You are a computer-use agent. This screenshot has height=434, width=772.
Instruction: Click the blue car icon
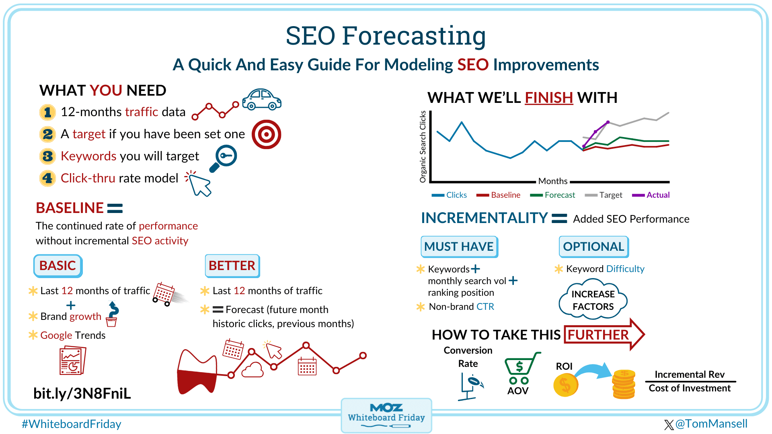(x=262, y=99)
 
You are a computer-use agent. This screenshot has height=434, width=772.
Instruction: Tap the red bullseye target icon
(x=266, y=134)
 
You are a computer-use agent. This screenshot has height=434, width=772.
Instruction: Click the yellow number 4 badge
(x=47, y=178)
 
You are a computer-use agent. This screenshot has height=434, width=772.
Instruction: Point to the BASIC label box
(x=58, y=266)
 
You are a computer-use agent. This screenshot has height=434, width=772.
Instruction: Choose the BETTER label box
(x=232, y=266)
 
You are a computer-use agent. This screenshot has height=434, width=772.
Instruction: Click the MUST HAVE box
(x=459, y=246)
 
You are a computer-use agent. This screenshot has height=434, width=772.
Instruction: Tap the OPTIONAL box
(x=593, y=246)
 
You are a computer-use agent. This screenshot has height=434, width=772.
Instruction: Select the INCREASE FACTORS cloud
(x=593, y=300)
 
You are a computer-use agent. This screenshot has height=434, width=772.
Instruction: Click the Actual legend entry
(x=651, y=195)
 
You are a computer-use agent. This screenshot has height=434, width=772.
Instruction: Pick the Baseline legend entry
(x=498, y=195)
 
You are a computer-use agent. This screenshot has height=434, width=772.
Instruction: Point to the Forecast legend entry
(x=552, y=195)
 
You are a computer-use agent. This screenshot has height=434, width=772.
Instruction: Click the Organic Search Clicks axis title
(x=423, y=147)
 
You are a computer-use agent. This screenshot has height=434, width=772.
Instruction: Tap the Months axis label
(x=553, y=181)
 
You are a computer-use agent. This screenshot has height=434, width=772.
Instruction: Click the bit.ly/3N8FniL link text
(x=82, y=393)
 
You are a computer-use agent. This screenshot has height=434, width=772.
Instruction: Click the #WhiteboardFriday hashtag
(x=71, y=424)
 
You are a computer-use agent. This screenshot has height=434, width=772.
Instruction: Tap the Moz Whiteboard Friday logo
(x=386, y=416)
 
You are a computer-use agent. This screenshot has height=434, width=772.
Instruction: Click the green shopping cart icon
(x=522, y=368)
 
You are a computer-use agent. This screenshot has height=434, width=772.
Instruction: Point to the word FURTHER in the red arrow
(x=598, y=335)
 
